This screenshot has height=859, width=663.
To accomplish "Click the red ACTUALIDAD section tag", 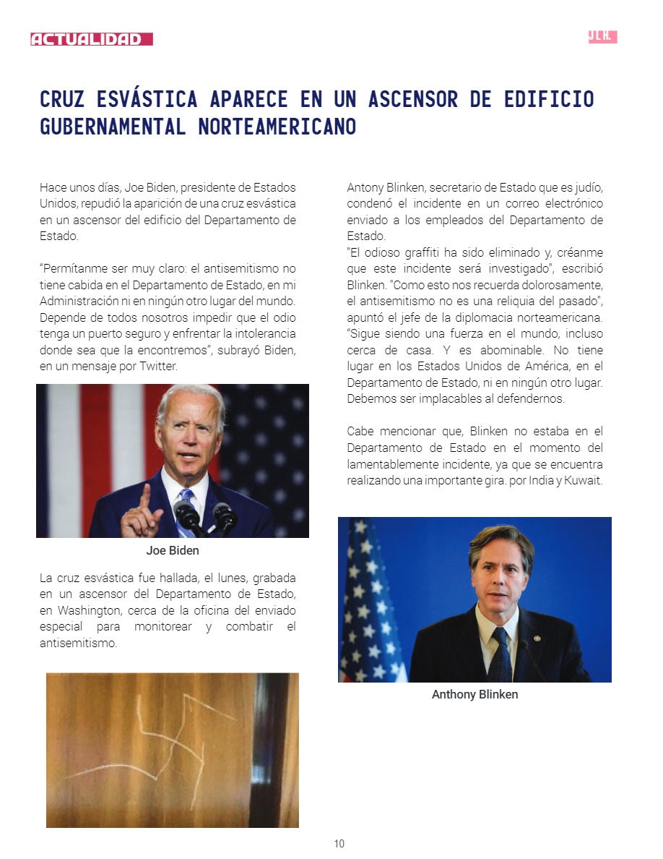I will (91, 39).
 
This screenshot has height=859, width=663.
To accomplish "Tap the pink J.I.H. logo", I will (602, 37).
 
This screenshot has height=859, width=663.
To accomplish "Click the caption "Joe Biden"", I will (173, 550).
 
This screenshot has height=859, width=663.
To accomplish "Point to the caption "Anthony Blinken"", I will (474, 694).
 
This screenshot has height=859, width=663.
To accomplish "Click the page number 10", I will (339, 844).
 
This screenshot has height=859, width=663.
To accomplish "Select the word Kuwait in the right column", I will (582, 481).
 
